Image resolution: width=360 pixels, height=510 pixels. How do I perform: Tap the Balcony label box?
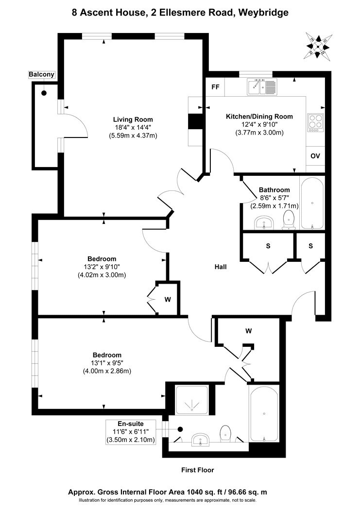(x=42, y=74)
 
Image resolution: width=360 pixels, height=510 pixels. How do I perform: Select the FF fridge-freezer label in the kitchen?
(x=214, y=87)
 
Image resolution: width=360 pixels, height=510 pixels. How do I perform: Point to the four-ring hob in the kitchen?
(x=315, y=122)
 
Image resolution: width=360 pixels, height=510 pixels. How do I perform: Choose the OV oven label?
(x=315, y=156)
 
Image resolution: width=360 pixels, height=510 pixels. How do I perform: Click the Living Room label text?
(x=133, y=119)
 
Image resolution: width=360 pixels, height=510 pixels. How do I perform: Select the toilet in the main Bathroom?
(x=289, y=219)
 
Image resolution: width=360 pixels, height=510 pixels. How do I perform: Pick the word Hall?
(x=221, y=267)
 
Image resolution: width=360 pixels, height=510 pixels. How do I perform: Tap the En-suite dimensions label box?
(x=130, y=432)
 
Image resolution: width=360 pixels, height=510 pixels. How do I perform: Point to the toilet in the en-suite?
(x=225, y=433)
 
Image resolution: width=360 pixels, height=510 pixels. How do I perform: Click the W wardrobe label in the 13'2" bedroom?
(x=168, y=299)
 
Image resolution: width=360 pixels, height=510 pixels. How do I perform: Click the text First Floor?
(x=197, y=470)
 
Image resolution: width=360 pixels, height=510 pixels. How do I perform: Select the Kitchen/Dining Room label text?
(x=259, y=116)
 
